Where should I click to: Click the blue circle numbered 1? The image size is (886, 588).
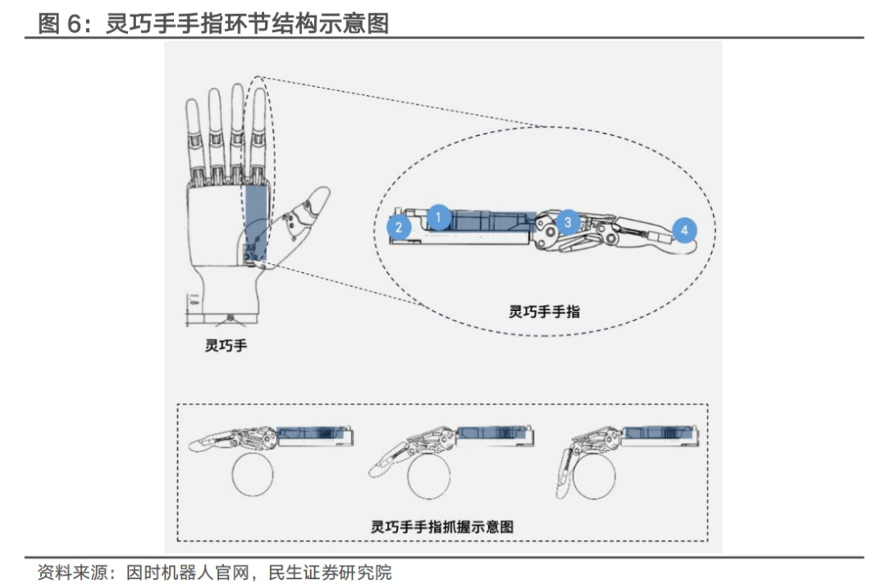click(438, 217)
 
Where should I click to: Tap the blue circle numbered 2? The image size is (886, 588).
click(400, 228)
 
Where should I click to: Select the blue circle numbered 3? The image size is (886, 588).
click(567, 221)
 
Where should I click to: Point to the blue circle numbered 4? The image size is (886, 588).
click(684, 230)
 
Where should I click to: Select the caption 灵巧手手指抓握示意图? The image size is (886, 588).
click(442, 526)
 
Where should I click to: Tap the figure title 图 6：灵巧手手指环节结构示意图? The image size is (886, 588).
click(213, 23)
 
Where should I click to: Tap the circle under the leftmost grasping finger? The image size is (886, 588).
click(257, 476)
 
